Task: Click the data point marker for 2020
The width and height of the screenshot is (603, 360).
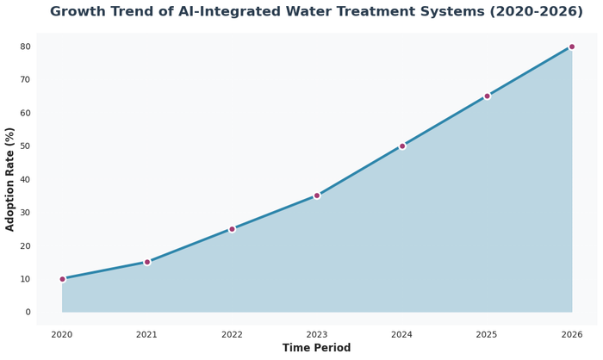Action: coord(62,279)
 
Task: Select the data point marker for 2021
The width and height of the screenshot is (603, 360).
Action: coord(147,262)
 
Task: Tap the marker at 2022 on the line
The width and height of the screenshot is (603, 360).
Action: coord(232,229)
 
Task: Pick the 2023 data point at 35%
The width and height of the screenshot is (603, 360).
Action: coord(317,196)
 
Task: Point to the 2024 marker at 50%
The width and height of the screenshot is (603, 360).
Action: coord(402,146)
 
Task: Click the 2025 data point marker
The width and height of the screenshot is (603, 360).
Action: coord(487,96)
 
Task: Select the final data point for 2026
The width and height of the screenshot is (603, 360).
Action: coord(572,47)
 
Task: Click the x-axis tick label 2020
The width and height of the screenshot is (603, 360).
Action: coord(62,334)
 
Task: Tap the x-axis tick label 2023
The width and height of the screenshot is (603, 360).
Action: coord(317,334)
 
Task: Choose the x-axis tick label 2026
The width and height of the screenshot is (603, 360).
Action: coord(572,334)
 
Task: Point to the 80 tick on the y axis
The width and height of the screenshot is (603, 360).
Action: coord(26,47)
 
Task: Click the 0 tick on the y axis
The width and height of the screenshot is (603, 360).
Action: coord(28,313)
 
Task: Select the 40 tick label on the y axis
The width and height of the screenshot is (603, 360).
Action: coord(26,179)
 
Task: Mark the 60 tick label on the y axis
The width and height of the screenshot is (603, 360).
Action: coord(26,113)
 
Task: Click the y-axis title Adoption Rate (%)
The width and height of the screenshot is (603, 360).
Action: coord(10,179)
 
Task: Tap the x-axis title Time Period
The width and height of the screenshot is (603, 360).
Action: coord(317,348)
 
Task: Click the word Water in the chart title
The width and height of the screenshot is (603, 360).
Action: coord(313,12)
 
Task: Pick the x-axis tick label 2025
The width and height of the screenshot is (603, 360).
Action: coord(487,334)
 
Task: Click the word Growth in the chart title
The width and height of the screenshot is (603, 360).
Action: coord(79,12)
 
